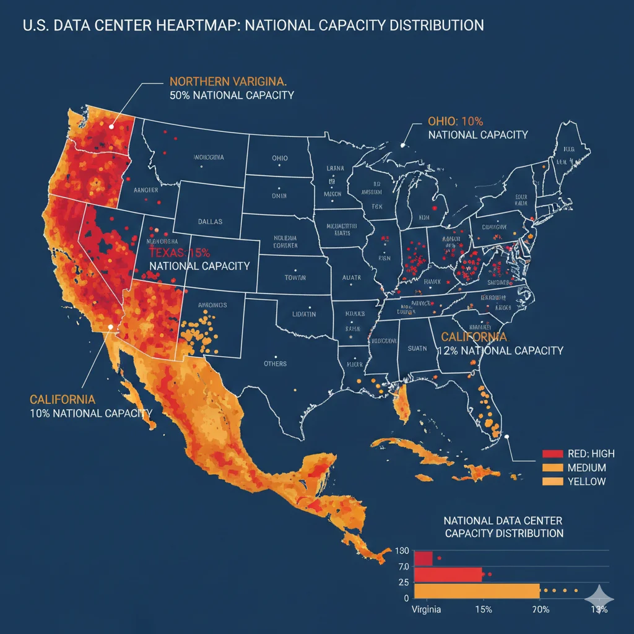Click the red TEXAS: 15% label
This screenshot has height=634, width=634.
[x=180, y=253]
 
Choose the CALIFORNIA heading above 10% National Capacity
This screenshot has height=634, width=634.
[x=63, y=399]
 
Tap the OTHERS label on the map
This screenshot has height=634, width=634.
[x=275, y=363]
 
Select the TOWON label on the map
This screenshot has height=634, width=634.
[x=295, y=278]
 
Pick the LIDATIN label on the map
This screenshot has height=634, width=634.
[x=304, y=315]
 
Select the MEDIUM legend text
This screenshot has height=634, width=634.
[x=587, y=467]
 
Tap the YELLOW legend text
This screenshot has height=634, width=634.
[x=586, y=482]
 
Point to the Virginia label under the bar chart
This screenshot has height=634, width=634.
[x=427, y=610]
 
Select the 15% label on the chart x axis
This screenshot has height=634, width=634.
[x=483, y=610]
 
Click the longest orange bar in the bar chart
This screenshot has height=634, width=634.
[x=477, y=591]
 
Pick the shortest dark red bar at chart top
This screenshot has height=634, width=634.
[x=423, y=558]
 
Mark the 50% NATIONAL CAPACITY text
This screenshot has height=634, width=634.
[x=231, y=96]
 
